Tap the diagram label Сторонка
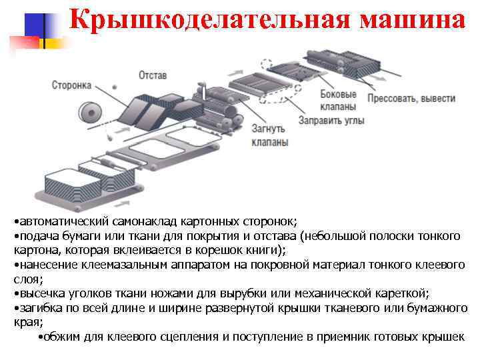[71, 85]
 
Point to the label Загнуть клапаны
[269, 135]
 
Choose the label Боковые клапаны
[337, 101]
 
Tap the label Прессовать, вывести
[411, 98]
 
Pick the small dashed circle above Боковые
[267, 65]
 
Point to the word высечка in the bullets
[39, 293]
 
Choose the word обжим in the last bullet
[61, 337]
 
